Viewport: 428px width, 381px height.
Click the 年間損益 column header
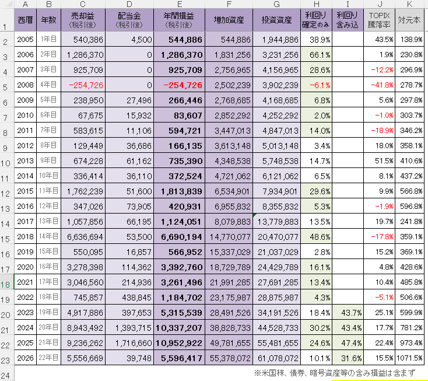tap(180, 22)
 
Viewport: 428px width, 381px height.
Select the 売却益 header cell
tap(84, 22)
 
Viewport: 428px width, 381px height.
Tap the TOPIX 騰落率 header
tap(379, 22)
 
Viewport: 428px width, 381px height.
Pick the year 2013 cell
tap(25, 160)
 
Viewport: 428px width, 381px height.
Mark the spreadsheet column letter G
tap(277, 5)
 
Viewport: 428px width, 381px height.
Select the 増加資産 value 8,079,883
tap(229, 222)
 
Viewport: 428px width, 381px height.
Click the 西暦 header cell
tap(25, 22)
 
